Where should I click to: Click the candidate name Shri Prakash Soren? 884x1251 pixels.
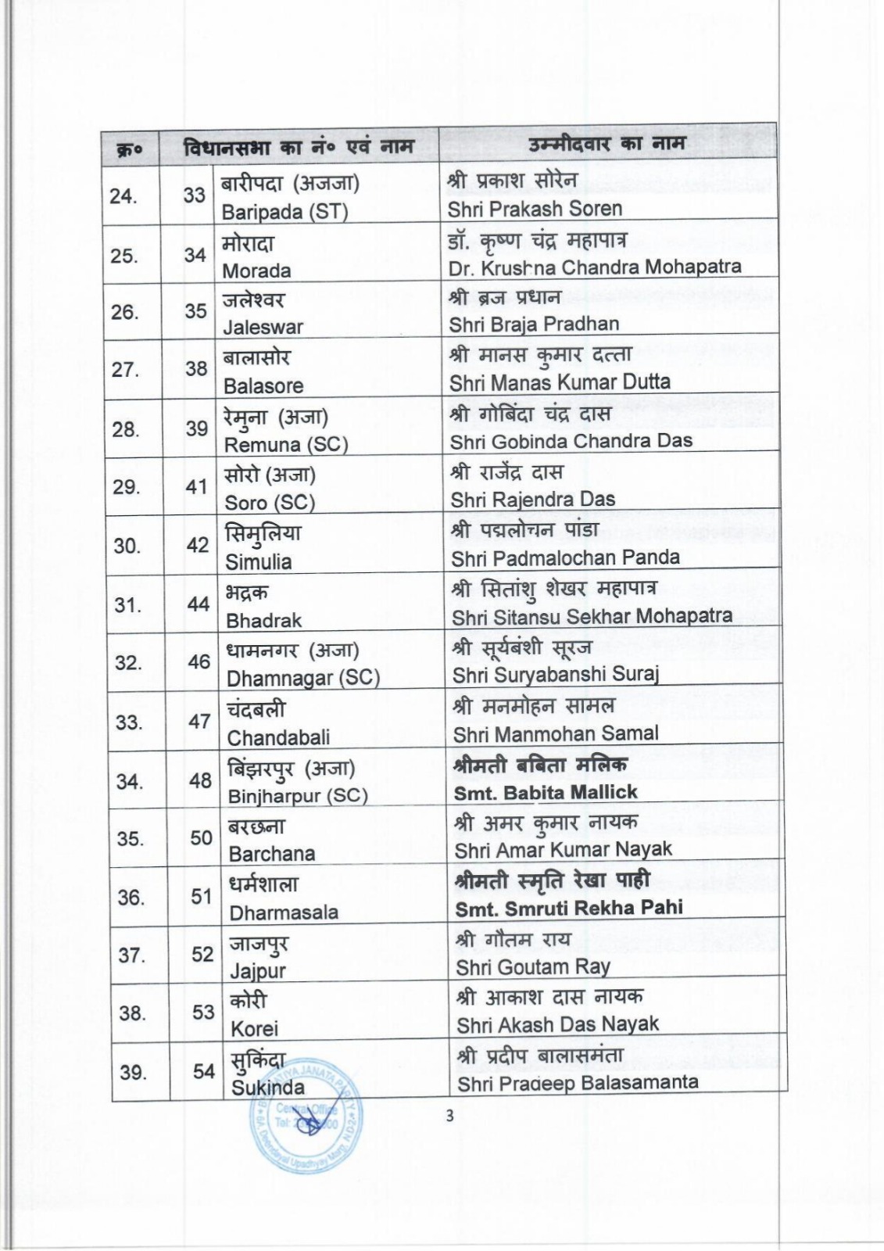(x=535, y=210)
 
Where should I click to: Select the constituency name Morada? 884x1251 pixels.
(x=256, y=271)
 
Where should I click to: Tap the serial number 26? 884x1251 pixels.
(x=124, y=312)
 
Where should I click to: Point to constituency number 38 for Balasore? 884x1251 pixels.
(x=196, y=368)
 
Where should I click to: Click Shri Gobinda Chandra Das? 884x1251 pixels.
(x=571, y=441)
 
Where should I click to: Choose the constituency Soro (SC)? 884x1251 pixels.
(x=270, y=503)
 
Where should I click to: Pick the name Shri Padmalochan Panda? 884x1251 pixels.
(x=565, y=557)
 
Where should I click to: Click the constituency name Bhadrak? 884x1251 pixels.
(x=263, y=621)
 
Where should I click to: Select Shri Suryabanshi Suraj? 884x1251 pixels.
(x=556, y=674)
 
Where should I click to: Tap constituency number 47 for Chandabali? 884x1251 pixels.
(x=199, y=721)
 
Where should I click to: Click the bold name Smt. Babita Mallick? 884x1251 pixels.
(x=546, y=793)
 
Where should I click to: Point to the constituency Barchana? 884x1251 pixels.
(x=272, y=854)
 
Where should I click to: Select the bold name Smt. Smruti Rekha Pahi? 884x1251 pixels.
(x=569, y=908)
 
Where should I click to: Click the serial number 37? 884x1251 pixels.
(x=131, y=955)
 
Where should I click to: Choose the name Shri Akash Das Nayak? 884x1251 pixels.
(x=558, y=1024)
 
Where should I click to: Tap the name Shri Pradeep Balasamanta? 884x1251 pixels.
(x=578, y=1084)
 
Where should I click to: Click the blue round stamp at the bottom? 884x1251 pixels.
(x=306, y=1126)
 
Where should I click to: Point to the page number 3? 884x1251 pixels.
(x=449, y=1117)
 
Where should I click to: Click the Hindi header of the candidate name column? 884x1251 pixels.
(x=607, y=144)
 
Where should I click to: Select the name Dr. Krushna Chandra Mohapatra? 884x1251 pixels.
(x=595, y=267)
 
